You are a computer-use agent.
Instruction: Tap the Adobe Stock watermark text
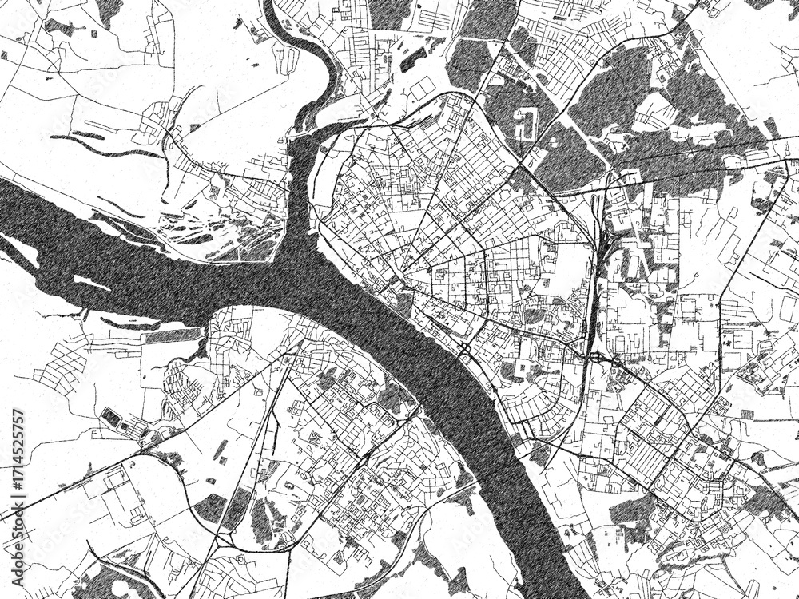tap(399, 299)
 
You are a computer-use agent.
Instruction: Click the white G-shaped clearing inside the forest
tap(527, 124)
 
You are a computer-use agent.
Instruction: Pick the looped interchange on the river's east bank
tap(464, 349)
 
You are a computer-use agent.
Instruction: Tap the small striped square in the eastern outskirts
tap(748, 414)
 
